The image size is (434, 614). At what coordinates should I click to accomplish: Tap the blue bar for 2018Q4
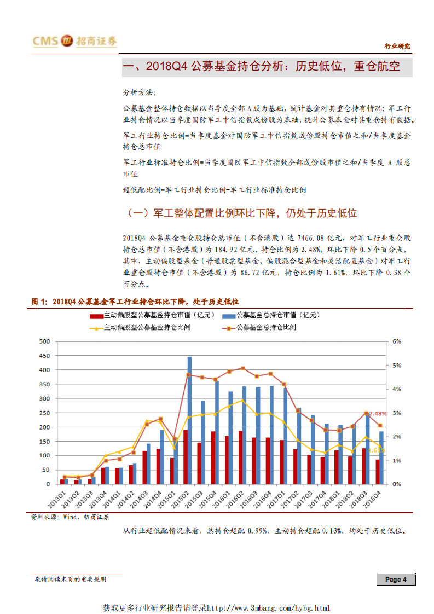[381, 457]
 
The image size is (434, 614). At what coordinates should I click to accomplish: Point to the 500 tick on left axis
[45, 341]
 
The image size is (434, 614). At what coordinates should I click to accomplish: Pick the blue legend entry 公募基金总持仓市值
[271, 315]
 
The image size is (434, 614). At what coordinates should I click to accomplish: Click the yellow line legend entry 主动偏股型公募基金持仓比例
[143, 327]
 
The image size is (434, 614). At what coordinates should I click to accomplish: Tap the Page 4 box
[395, 580]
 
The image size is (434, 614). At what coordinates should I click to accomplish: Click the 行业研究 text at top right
[397, 47]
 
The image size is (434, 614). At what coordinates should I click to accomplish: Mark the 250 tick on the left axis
[45, 413]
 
